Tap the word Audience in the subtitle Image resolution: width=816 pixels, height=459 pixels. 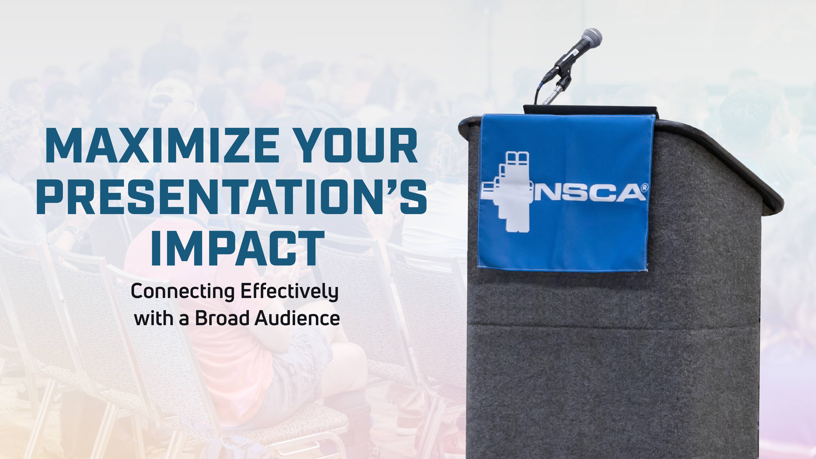point(297,318)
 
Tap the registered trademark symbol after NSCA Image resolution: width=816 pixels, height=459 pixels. point(644,188)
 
